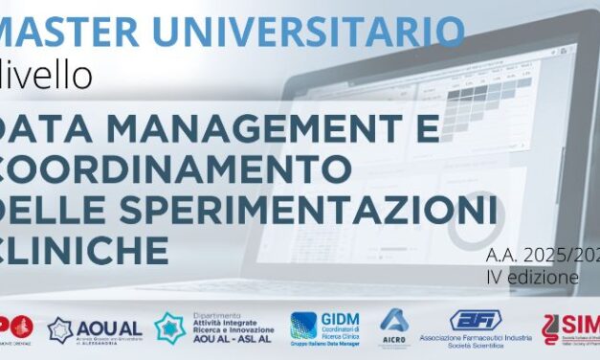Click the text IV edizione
532,278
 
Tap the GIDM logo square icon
303,326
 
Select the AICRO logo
394,325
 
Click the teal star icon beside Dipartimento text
170,328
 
